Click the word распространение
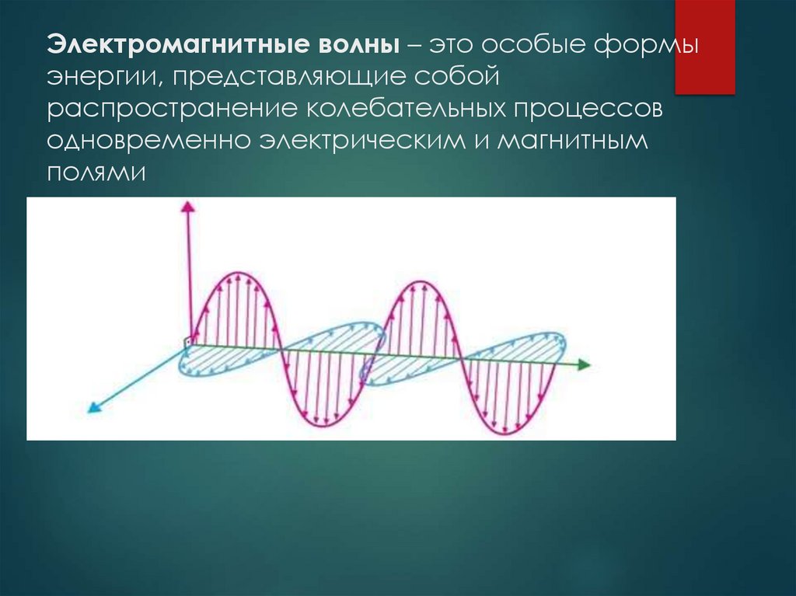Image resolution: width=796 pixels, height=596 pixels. (x=168, y=110)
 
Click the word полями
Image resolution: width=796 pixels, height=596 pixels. (x=96, y=173)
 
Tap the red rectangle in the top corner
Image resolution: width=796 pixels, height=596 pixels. (x=704, y=47)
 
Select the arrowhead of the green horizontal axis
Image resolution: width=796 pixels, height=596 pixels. (x=585, y=364)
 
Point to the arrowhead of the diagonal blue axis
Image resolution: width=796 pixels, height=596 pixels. (x=93, y=406)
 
